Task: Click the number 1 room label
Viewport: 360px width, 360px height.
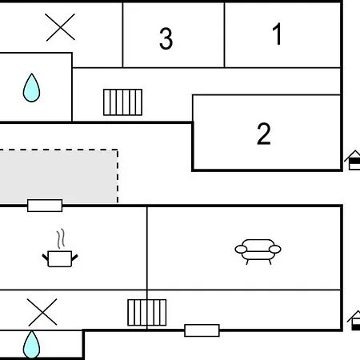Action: [278, 34]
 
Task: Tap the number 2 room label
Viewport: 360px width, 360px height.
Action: [264, 134]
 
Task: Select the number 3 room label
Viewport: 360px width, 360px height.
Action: [166, 38]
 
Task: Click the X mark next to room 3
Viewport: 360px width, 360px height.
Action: [60, 27]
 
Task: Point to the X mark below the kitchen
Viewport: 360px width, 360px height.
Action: [42, 312]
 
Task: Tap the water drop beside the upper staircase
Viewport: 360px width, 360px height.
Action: [31, 88]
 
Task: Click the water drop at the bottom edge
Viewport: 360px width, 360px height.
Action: [31, 345]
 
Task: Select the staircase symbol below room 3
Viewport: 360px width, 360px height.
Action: [122, 102]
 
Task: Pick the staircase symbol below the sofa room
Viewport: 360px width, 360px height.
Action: [147, 313]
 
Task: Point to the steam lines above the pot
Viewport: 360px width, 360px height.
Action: [61, 238]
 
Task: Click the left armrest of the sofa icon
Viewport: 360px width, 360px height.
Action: [241, 250]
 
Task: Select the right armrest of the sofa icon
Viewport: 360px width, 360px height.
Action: [275, 250]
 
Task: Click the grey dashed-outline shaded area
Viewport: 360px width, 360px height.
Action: [58, 177]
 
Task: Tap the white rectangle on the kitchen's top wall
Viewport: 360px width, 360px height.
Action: [45, 206]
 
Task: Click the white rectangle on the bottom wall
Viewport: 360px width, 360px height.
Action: [202, 330]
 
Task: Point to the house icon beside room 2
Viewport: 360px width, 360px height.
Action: [353, 160]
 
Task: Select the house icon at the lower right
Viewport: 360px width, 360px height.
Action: [354, 321]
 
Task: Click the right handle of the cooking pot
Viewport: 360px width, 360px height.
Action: [74, 258]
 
